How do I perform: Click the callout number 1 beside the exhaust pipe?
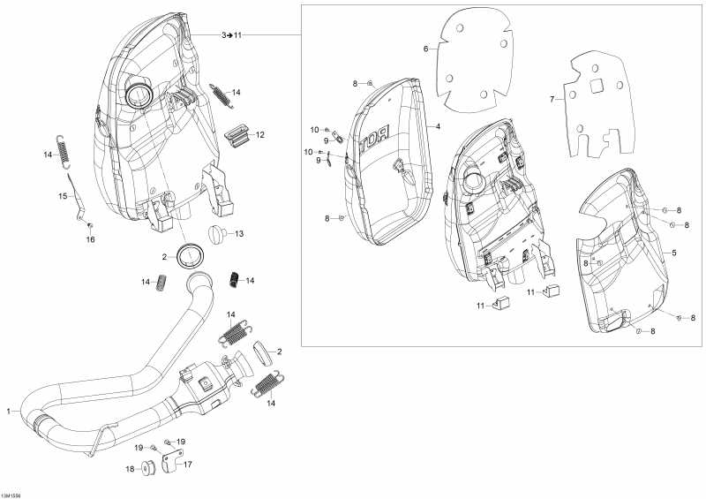(10, 412)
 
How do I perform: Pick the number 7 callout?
(552, 100)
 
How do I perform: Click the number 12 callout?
(260, 135)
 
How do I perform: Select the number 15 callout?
(62, 196)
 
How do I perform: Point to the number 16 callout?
(89, 239)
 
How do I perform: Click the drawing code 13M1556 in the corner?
(12, 495)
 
